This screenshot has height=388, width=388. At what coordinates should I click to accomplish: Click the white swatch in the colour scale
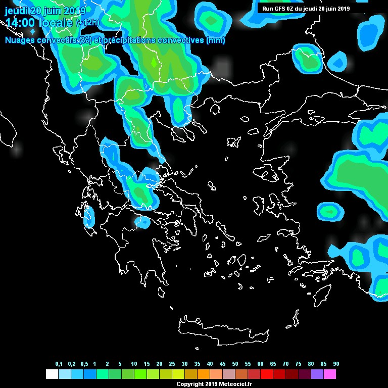coord(52,374)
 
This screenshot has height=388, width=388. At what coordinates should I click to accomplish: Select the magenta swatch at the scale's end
coord(330,374)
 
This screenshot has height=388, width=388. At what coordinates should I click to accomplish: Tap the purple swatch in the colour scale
coord(317,374)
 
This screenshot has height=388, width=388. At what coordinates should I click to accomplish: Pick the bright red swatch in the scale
coord(267,374)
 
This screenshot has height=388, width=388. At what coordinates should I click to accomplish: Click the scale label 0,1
coord(59,364)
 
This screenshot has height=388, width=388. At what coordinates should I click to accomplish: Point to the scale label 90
coord(336,364)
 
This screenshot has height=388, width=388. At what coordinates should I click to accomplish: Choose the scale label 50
coord(235,364)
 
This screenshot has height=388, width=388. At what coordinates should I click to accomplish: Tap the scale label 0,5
coord(84,364)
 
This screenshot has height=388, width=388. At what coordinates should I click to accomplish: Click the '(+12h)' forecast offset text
coord(88,23)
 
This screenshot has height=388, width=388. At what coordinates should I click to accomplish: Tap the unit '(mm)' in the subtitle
coord(216,40)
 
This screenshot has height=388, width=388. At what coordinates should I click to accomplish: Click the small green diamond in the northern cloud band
coord(154,63)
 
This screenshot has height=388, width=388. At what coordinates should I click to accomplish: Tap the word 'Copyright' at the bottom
coord(190,384)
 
